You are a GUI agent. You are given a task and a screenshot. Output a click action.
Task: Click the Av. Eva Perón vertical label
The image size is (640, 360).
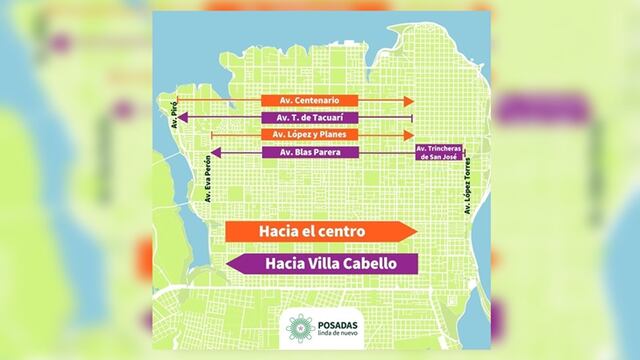click(x=208, y=178)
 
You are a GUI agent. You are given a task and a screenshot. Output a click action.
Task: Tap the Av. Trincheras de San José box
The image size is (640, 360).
click(x=440, y=152)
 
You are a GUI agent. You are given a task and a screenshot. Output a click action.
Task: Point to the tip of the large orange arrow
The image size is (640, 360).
click(x=414, y=231)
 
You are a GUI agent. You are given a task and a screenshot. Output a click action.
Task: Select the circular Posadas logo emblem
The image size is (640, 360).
click(x=299, y=326)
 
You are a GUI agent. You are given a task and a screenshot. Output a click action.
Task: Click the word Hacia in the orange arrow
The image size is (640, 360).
click(x=279, y=231)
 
